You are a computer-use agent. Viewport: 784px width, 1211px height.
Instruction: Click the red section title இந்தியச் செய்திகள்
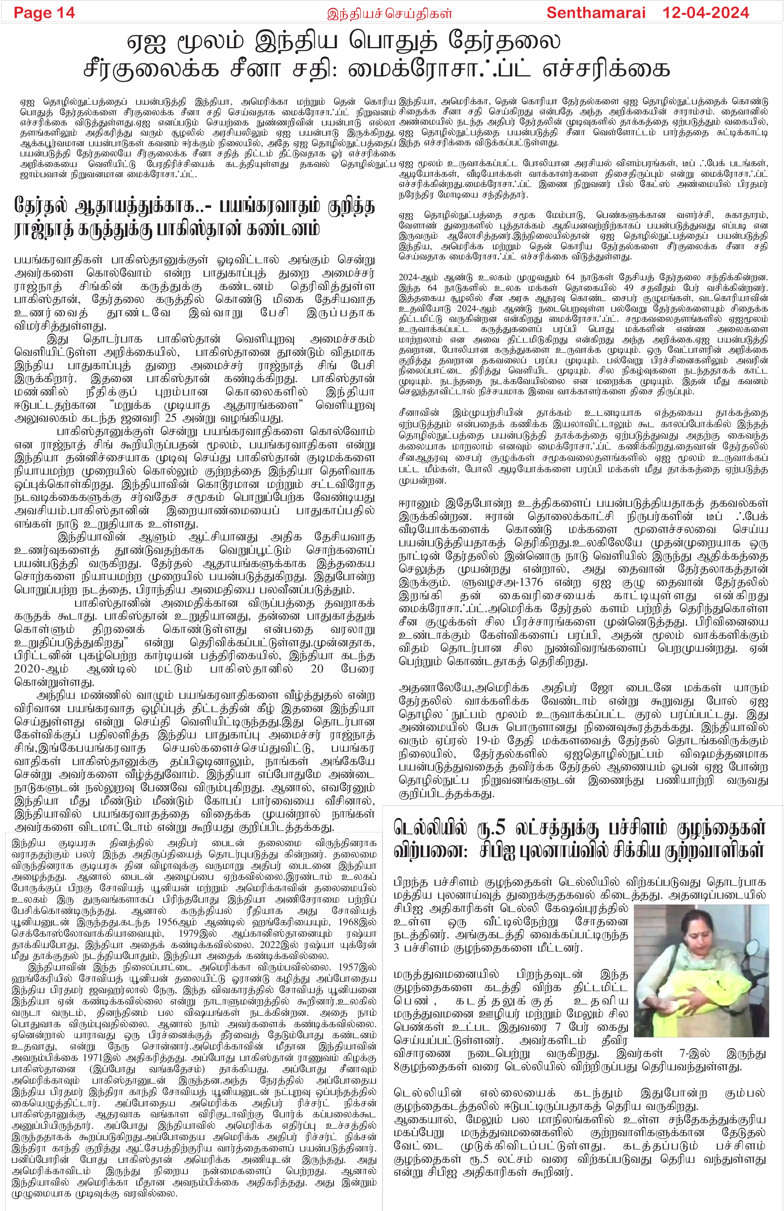390,14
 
